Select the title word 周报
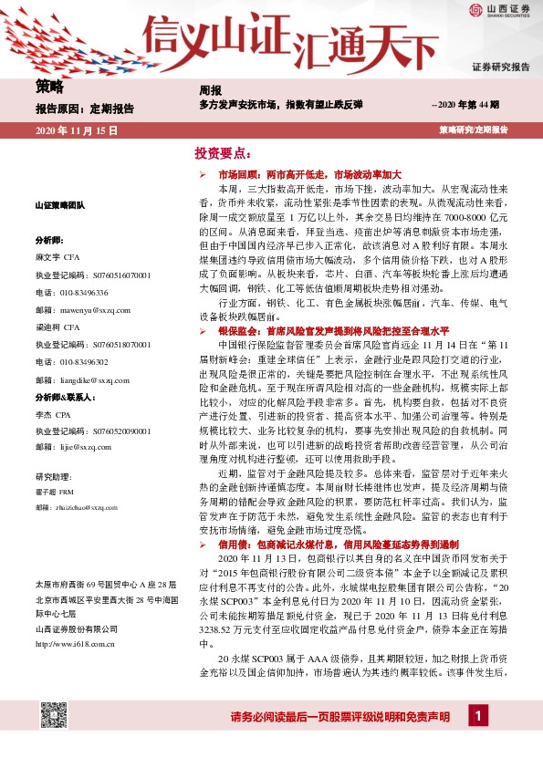coord(210,90)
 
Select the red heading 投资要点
coord(223,152)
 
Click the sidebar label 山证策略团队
coord(59,206)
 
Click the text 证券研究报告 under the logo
coord(500,67)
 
